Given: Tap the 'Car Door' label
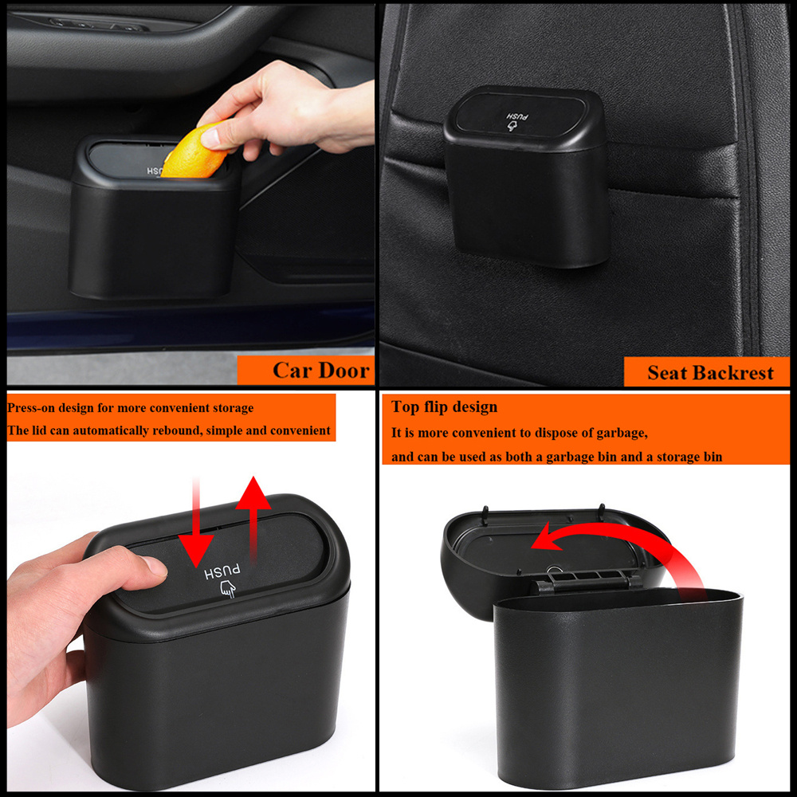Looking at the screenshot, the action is coord(320,370).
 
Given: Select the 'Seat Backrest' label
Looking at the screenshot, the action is coord(710,372).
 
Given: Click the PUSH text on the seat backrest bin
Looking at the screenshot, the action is coord(517,117).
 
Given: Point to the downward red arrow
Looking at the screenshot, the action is coord(196,523).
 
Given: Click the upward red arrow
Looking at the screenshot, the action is coord(253,519).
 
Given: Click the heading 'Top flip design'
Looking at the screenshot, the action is coord(444,406).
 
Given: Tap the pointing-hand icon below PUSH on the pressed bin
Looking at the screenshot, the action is coord(228,589).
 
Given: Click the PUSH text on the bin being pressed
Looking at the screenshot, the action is coord(222,571).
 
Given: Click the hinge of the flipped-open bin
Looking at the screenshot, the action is coord(585,580).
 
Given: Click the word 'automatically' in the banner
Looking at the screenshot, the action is coord(111,430).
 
